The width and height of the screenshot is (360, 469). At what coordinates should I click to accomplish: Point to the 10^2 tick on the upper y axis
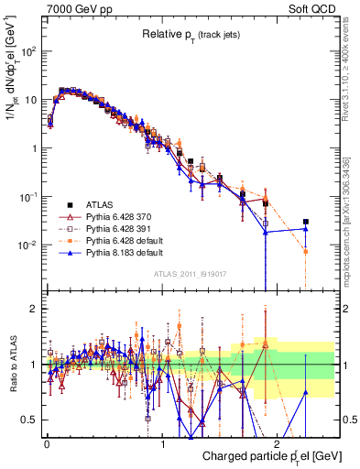pos(29,51)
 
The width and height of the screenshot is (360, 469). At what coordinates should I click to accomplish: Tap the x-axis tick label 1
pos(163,442)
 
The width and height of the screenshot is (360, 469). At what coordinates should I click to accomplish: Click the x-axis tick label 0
pos(47,442)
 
